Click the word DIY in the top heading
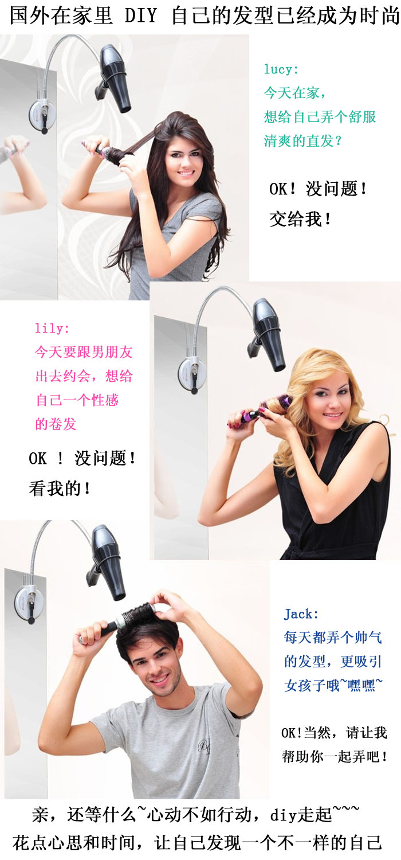(x=141, y=15)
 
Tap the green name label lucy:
(x=281, y=69)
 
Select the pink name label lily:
(x=52, y=329)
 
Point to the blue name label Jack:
(x=301, y=614)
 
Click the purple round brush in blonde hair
(x=262, y=411)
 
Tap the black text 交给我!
(x=300, y=219)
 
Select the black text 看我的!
(x=60, y=488)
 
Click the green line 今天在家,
(x=294, y=92)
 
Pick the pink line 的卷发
(x=56, y=424)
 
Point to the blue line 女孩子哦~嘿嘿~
(x=333, y=685)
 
